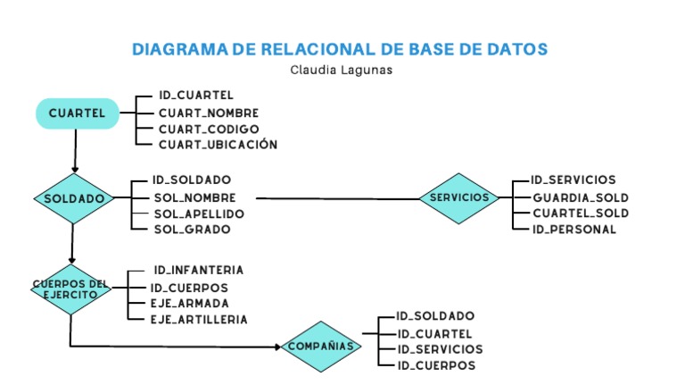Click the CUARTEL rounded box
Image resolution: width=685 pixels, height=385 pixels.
77,113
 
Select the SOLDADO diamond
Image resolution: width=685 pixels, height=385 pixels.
74,198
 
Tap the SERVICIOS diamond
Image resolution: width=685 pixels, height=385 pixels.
459,197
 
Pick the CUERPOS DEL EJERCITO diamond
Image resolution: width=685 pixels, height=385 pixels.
70,289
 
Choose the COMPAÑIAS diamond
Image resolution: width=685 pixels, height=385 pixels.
322,347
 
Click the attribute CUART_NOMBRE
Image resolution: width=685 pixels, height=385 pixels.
209,113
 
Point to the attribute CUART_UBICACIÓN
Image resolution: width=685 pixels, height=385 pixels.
218,144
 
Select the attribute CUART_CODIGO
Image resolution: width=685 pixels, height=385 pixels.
209,129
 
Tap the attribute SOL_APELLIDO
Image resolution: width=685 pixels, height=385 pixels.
199,213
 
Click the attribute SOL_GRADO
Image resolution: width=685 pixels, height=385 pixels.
192,230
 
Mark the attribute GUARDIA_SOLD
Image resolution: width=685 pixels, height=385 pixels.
581,197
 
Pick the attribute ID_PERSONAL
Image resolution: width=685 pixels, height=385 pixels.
574,230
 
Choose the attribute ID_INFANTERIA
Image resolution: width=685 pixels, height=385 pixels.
198,270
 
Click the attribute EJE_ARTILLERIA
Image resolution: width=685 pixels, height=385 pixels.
199,319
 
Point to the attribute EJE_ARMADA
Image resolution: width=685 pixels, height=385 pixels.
190,303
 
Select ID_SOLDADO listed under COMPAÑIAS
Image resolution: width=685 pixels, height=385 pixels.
435,315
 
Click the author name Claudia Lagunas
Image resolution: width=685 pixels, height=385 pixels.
342,70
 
